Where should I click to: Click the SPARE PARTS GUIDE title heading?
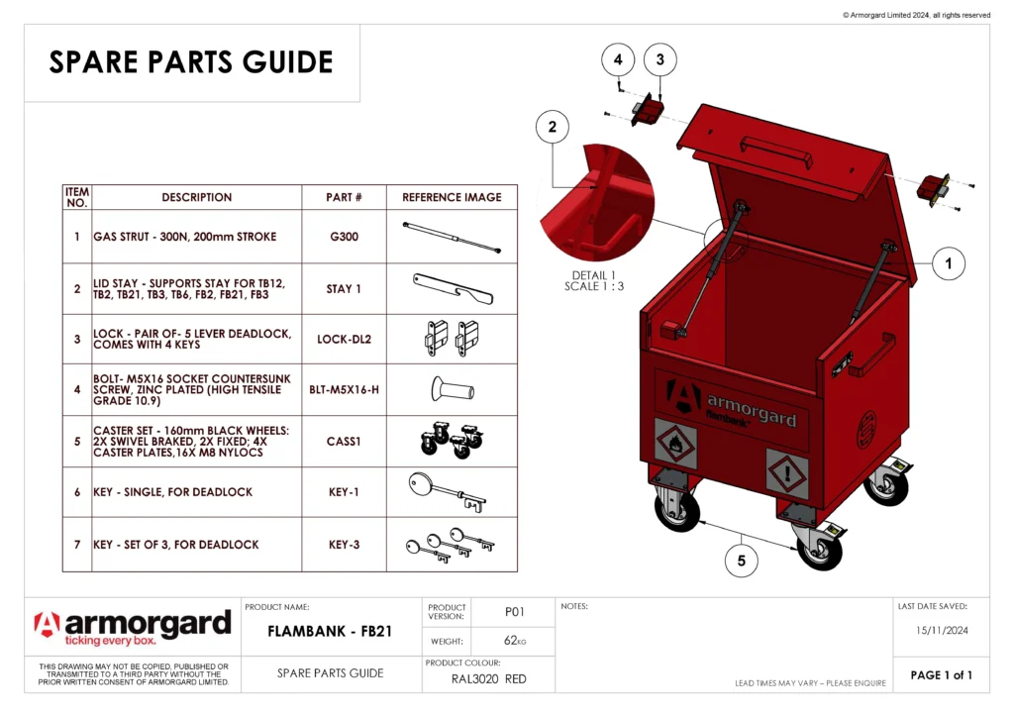(191, 62)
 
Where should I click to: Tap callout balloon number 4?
(618, 59)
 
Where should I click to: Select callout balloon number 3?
(660, 59)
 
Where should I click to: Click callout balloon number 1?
(949, 263)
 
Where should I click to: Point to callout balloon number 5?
(742, 561)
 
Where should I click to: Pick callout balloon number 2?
(552, 127)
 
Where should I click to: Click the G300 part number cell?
(344, 237)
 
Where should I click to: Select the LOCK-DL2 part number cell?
(344, 339)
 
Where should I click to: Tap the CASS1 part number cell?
(344, 441)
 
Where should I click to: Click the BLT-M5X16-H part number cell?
(344, 389)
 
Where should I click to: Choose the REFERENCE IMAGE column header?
(452, 197)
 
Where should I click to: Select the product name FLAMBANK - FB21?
(332, 632)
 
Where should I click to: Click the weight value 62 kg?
(514, 641)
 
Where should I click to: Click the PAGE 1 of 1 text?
(941, 675)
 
